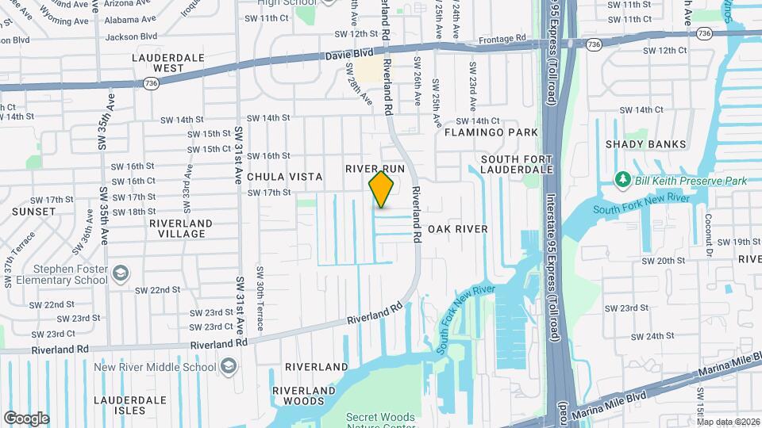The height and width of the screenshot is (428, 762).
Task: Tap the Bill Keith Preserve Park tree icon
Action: pos(623,182)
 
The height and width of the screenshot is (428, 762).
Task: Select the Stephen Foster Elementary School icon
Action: pos(120,274)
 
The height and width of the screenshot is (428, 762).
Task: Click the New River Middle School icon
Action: pos(228,366)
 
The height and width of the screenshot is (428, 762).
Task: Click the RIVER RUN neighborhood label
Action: pos(375,169)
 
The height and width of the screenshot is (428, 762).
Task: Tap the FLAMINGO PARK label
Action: pos(491,132)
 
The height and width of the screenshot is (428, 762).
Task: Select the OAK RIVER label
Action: pos(457,228)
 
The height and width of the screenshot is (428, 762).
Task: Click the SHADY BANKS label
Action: pos(640,144)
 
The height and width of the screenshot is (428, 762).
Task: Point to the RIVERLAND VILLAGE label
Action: pos(181,228)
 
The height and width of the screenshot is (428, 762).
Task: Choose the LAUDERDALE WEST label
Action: pos(158,63)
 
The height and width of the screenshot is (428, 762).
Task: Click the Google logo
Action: pos(26,418)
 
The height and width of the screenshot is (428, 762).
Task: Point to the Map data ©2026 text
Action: pos(728,422)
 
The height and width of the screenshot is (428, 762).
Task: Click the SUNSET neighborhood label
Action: pos(33,212)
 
